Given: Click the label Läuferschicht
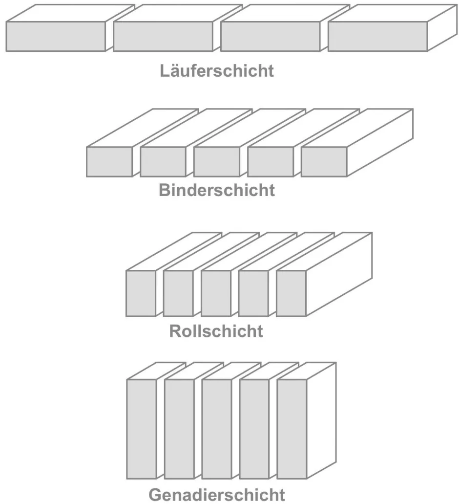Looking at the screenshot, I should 217,71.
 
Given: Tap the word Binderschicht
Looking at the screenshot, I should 217,190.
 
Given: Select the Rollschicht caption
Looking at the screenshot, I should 216,331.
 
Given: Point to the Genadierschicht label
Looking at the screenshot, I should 217,494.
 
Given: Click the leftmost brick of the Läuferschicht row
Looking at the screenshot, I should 56,36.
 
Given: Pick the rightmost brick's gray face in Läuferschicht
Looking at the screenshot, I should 377,36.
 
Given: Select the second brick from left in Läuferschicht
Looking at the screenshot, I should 163,36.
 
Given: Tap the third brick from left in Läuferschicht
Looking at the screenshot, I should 270,36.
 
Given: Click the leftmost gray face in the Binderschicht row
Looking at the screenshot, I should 109,161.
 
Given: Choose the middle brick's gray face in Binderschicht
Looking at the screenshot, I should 217,161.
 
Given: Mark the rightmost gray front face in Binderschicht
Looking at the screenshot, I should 324,161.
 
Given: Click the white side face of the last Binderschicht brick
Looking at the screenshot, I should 381,142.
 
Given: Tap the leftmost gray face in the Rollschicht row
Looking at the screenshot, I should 141,293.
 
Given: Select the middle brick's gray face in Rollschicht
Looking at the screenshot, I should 216,293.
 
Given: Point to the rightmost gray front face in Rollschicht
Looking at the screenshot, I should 291,293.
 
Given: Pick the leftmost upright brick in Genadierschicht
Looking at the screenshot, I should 141,429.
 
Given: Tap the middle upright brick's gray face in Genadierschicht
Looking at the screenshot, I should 216,429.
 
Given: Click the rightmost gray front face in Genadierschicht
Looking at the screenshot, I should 292,429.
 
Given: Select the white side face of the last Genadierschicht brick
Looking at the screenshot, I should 321,420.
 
